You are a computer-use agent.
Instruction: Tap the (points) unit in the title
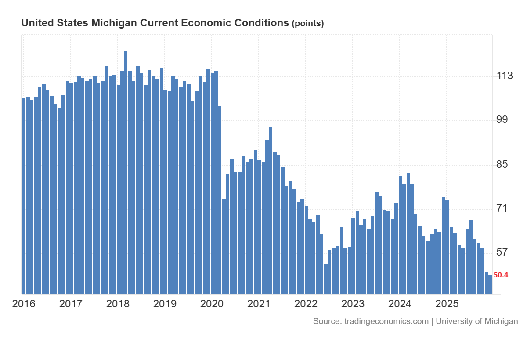[x=308, y=24]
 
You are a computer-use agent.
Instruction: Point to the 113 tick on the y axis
[x=505, y=76]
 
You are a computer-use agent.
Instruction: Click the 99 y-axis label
[x=504, y=120]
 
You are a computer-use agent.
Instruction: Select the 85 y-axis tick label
[x=504, y=165]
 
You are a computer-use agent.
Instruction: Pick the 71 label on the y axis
[x=504, y=208]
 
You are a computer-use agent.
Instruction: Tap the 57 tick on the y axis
[x=504, y=252]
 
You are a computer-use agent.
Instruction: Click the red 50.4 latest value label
[x=501, y=275]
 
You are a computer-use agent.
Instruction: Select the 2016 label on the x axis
[x=24, y=304]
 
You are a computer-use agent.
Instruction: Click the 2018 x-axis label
[x=118, y=304]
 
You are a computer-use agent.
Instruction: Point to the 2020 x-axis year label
[x=212, y=304]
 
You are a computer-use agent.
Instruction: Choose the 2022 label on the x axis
[x=306, y=304]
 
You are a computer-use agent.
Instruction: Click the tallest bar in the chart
[x=126, y=176]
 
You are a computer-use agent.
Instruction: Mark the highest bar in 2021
[x=271, y=211]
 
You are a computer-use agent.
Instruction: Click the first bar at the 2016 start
[x=24, y=198]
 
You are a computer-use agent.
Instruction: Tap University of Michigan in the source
[x=477, y=321]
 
